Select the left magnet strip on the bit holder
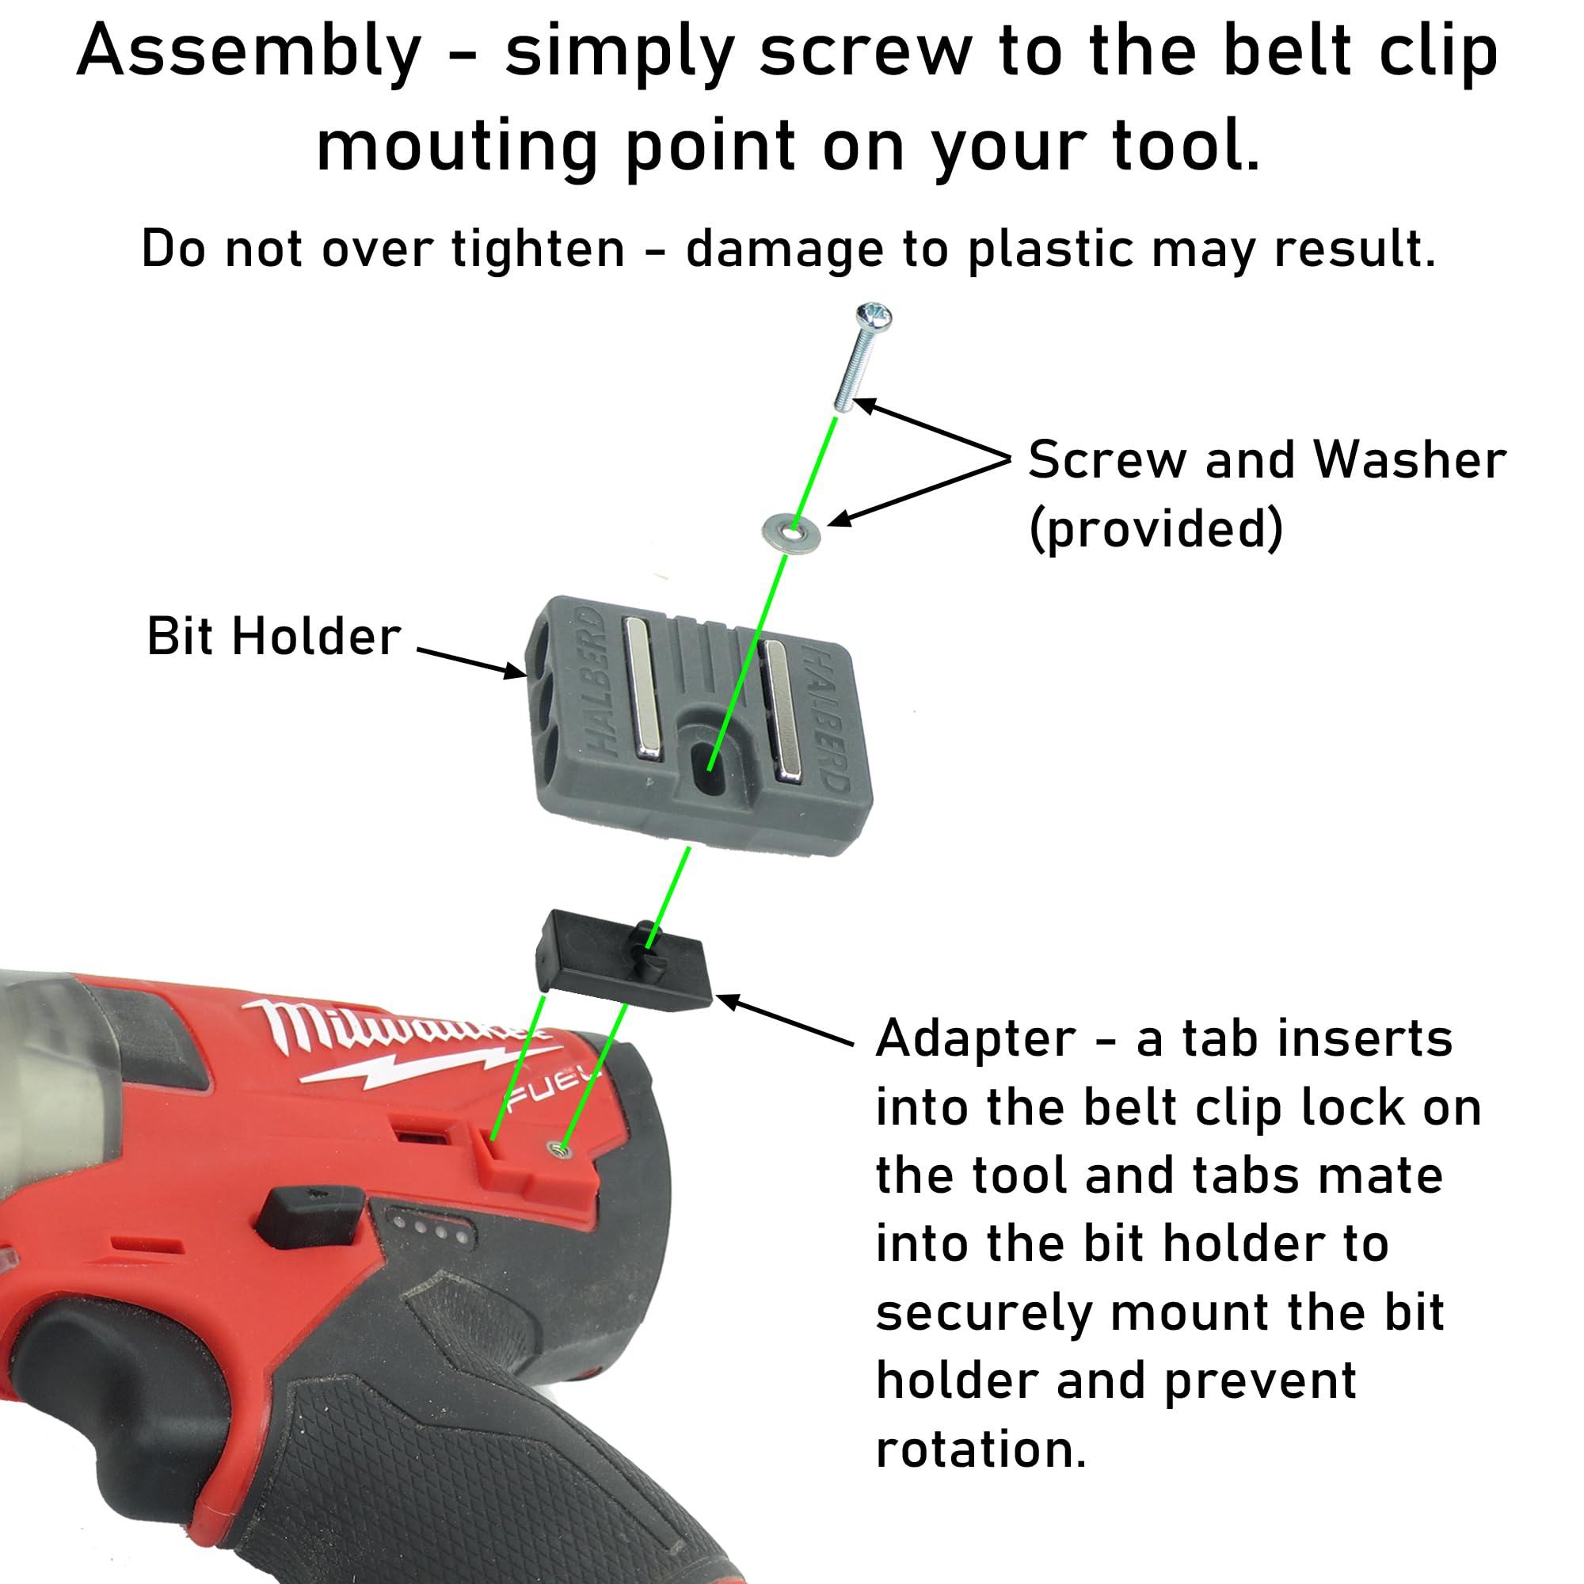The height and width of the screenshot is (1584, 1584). click(x=644, y=689)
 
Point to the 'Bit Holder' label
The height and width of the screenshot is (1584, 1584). click(x=274, y=636)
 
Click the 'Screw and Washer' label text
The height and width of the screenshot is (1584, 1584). click(x=1266, y=459)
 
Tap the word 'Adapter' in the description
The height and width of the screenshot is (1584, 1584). click(x=976, y=1039)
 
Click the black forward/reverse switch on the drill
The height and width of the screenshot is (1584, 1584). click(x=310, y=1217)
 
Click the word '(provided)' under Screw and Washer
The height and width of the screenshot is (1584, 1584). click(x=1156, y=529)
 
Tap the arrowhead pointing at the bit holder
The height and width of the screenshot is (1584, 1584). click(x=515, y=672)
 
